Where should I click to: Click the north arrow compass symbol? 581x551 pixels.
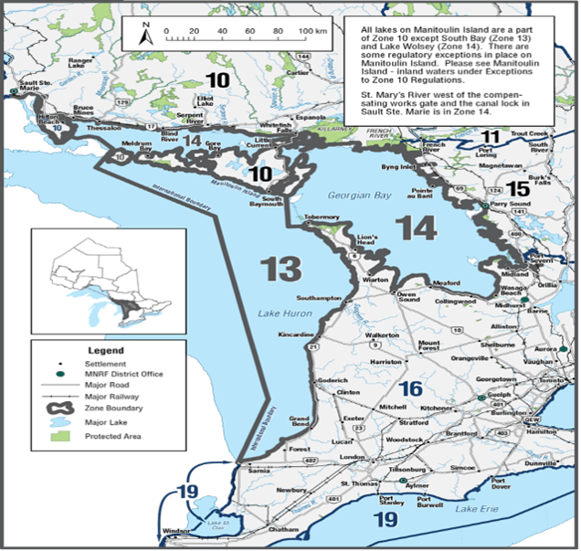144,33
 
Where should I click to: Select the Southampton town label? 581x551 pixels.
316,298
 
